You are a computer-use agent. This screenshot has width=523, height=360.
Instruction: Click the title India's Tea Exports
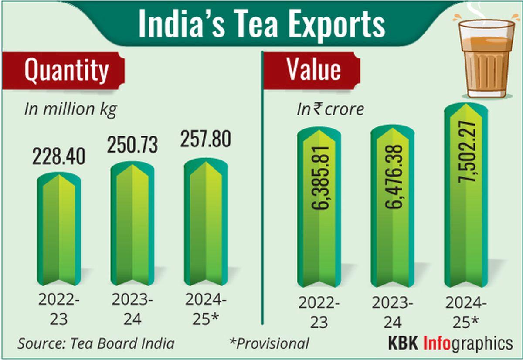261,24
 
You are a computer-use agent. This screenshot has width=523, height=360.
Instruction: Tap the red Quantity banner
65,71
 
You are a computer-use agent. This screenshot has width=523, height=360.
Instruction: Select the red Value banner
313,71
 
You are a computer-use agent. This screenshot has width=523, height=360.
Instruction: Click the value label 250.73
133,145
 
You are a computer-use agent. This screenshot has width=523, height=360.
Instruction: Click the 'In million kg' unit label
70,109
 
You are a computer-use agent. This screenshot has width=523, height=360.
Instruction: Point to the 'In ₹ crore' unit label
330,109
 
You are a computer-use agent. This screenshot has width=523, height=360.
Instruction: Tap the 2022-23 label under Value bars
320,312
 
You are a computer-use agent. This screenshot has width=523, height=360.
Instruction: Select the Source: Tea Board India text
96,343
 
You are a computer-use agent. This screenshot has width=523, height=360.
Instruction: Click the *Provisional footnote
269,343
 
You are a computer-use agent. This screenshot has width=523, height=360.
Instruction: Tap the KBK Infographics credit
450,343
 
